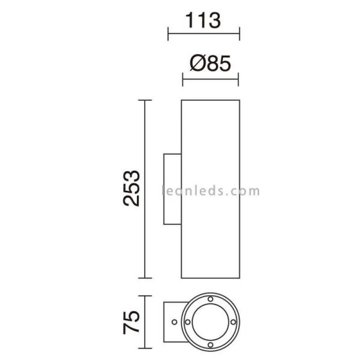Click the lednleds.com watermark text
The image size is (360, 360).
click(x=211, y=191)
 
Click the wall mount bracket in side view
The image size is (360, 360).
click(x=172, y=188)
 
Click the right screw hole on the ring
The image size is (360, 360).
click(x=233, y=322)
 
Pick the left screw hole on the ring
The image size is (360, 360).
click(x=187, y=322)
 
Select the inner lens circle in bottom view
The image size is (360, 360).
click(x=210, y=322)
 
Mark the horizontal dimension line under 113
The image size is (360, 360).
click(x=203, y=34)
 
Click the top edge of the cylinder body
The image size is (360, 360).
click(x=210, y=99)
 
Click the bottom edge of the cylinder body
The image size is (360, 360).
click(x=210, y=278)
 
